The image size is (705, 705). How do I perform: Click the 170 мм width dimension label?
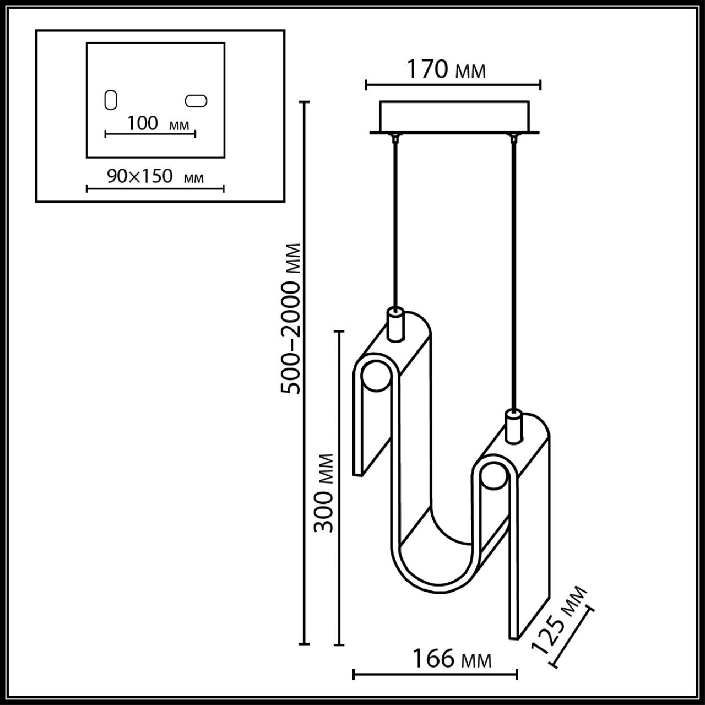click(x=446, y=69)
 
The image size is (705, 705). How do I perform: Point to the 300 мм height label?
click(x=324, y=493)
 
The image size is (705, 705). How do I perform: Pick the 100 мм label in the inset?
click(x=158, y=124)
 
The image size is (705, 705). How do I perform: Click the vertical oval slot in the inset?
click(x=111, y=100)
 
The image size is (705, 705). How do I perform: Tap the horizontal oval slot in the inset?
click(x=197, y=101)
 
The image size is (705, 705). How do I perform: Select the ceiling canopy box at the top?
click(x=454, y=116)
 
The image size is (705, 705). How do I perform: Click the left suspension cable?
click(x=394, y=220)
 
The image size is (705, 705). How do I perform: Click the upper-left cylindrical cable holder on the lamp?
click(x=395, y=325)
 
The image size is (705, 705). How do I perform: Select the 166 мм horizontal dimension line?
click(x=435, y=674)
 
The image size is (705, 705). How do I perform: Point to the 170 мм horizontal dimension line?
click(x=453, y=85)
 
